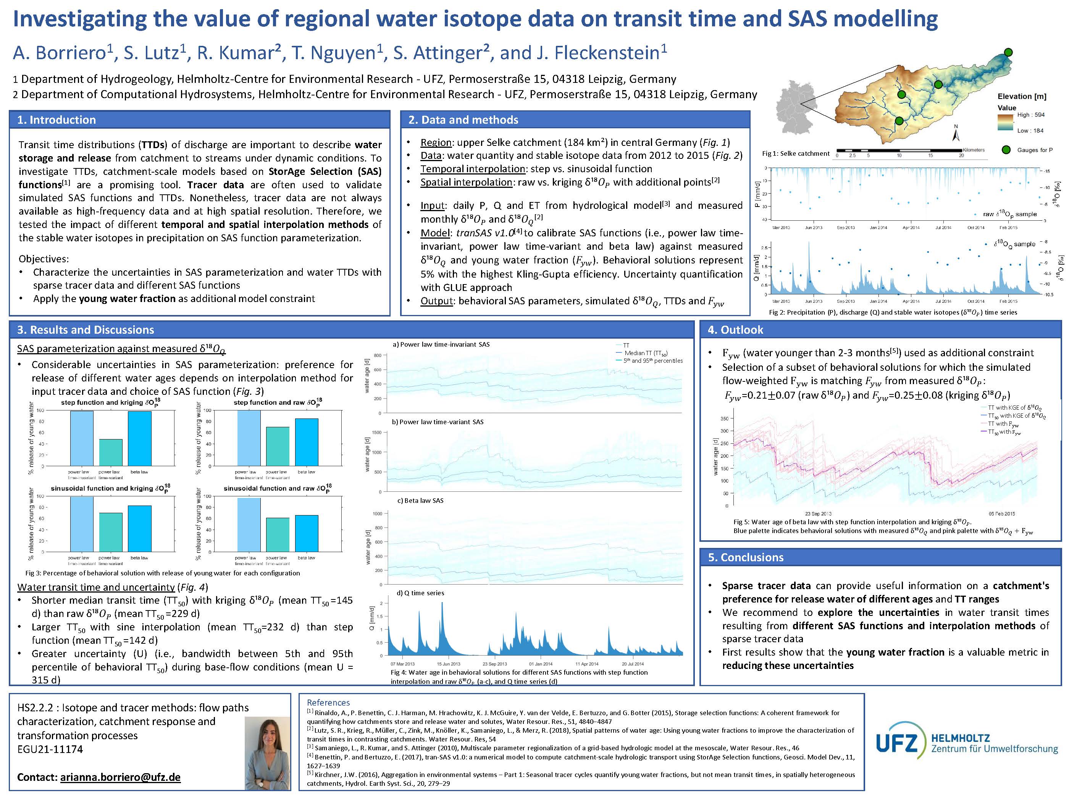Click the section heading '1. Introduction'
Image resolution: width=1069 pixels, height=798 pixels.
coord(57,120)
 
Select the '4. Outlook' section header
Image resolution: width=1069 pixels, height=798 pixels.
coord(741,330)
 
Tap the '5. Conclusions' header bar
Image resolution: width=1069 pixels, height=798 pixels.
coord(745,557)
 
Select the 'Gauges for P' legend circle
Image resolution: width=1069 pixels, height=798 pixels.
coord(1006,150)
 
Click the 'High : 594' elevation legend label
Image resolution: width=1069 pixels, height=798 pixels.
coord(1030,115)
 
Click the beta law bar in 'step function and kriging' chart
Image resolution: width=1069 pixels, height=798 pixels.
coord(140,438)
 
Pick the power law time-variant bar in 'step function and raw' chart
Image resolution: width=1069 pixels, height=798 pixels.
coord(278,446)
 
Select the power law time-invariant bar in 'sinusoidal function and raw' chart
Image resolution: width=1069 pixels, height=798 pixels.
coord(249,525)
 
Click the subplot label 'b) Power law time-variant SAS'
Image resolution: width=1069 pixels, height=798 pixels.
coord(437,422)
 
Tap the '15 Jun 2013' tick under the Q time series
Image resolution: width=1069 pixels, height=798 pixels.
coord(448,664)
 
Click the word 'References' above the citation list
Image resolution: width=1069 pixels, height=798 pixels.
coord(328,703)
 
